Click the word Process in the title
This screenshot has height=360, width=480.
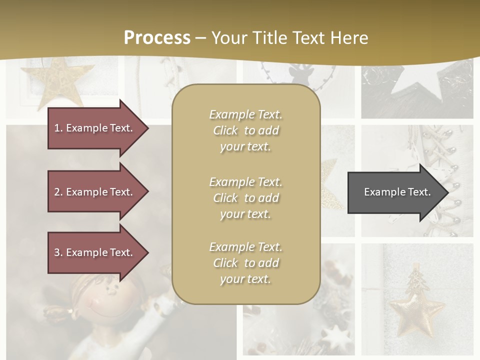coord(157,37)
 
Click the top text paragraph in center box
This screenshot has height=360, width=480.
coord(246,130)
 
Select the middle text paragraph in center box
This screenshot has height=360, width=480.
coord(246,198)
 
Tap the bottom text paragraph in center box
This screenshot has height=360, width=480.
coord(246,263)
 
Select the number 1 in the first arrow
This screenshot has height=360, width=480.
coord(57,128)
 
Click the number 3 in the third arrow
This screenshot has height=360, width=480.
coord(57,252)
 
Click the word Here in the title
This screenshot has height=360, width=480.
coord(349,37)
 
